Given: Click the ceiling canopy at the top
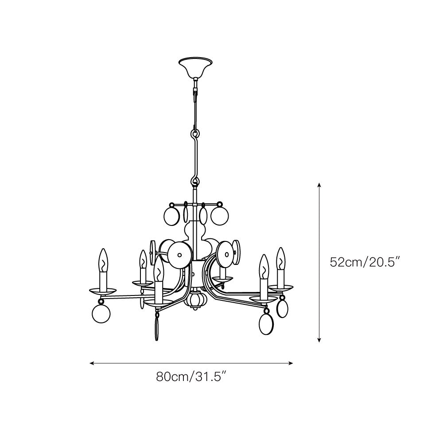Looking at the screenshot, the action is coord(195,67).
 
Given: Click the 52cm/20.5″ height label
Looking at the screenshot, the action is coord(365,262).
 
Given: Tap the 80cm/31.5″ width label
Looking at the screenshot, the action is coord(191,377).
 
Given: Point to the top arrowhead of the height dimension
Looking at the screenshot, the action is coord(319,185).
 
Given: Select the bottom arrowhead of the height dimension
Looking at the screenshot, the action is coord(319,340).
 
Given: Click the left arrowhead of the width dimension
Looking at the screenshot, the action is coord(92,363).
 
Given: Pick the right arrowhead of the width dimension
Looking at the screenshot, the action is coord(291,363).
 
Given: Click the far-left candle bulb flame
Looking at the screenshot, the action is coord(103,260).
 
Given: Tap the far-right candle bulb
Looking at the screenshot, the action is coord(280,259).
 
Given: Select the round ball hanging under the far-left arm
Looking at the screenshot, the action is coord(101,314).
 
